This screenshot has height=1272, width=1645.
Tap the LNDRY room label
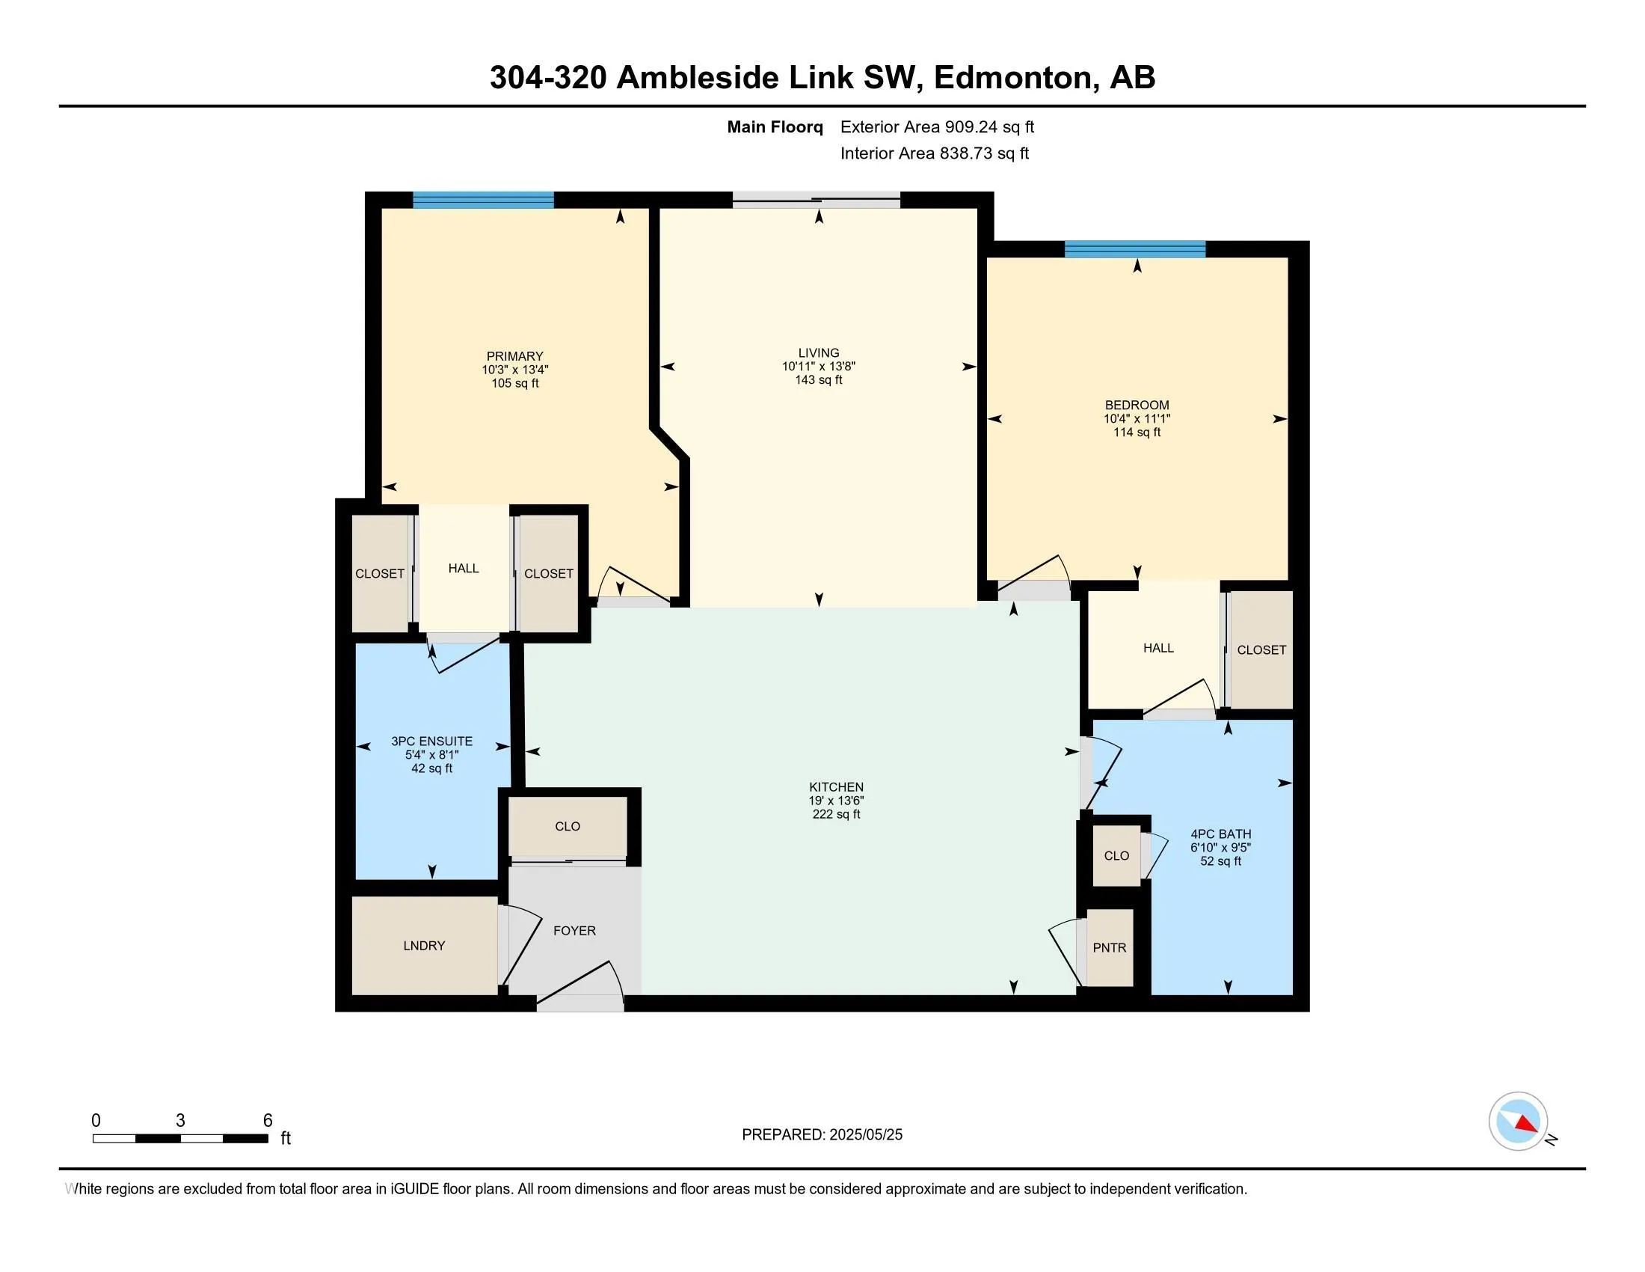tap(424, 946)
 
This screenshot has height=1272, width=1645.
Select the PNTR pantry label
tap(1110, 948)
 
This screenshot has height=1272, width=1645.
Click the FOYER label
tap(575, 931)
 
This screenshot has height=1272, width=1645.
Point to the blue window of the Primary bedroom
tap(483, 200)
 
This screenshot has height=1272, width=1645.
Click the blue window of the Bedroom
tap(1134, 248)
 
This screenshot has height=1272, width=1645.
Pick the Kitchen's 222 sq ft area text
tap(836, 815)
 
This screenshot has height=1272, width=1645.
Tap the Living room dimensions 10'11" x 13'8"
tap(819, 366)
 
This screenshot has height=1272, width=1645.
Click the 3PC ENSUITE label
tap(431, 742)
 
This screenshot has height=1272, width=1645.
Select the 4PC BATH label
tap(1221, 834)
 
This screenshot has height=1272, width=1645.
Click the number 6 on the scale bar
tap(268, 1121)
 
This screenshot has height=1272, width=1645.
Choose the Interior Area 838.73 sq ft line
tap(935, 153)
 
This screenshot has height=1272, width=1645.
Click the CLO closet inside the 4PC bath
tap(1116, 856)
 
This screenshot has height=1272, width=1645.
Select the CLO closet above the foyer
tap(568, 827)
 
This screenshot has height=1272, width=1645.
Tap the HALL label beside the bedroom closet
tap(1158, 648)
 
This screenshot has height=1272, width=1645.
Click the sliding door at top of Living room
tap(817, 200)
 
